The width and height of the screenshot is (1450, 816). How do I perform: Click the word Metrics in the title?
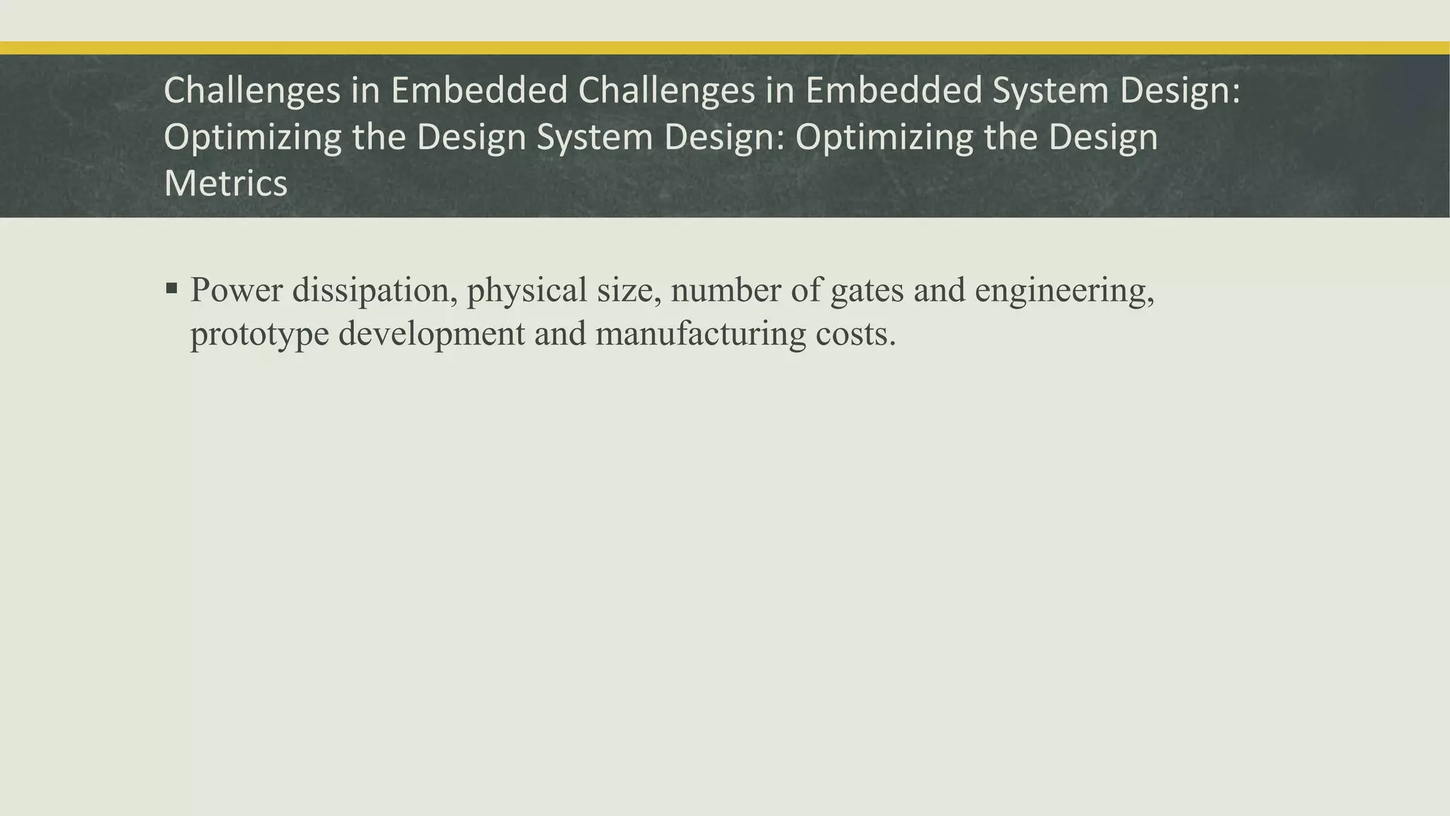pyautogui.click(x=225, y=183)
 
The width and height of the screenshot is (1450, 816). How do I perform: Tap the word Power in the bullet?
pyautogui.click(x=236, y=290)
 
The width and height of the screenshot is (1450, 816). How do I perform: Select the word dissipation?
pyautogui.click(x=375, y=290)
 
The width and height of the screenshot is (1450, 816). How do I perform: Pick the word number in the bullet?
pyautogui.click(x=726, y=290)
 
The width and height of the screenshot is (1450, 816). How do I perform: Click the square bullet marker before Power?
pyautogui.click(x=171, y=288)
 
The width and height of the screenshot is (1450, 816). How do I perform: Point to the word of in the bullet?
pyautogui.click(x=806, y=290)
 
